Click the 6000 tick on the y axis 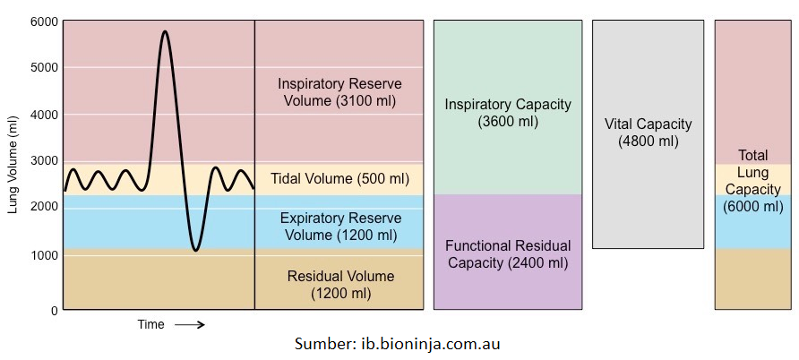pyautogui.click(x=43, y=21)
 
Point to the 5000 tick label pyautogui.click(x=43, y=67)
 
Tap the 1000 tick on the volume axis pyautogui.click(x=43, y=255)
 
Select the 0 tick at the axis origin pyautogui.click(x=54, y=310)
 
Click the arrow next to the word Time pyautogui.click(x=189, y=325)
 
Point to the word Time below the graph pyautogui.click(x=150, y=325)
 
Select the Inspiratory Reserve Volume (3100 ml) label pyautogui.click(x=339, y=92)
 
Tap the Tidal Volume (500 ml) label pyautogui.click(x=339, y=179)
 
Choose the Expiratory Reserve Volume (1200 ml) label pyautogui.click(x=339, y=227)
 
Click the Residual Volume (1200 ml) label pyautogui.click(x=339, y=285)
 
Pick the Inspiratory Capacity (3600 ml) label pyautogui.click(x=508, y=113)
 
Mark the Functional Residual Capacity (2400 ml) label pyautogui.click(x=508, y=254)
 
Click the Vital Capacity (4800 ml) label pyautogui.click(x=648, y=133)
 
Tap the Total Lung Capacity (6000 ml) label pyautogui.click(x=752, y=181)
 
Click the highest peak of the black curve pyautogui.click(x=164, y=32)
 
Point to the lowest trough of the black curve pyautogui.click(x=196, y=250)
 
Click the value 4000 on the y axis pyautogui.click(x=43, y=115)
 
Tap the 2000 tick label pyautogui.click(x=43, y=207)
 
